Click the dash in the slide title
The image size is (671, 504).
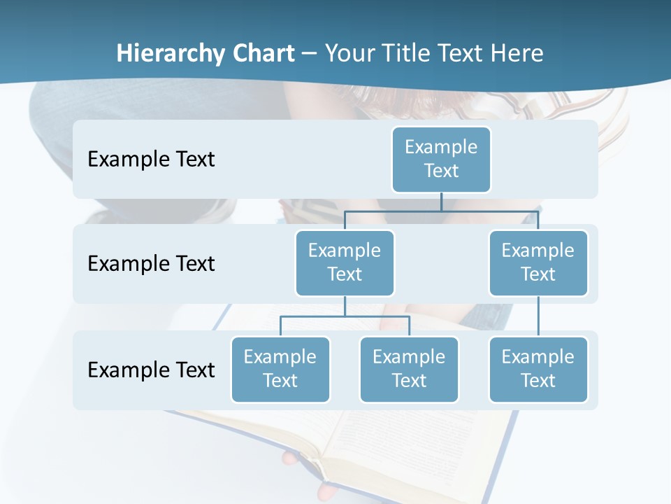(x=310, y=53)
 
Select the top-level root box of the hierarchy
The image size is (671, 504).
(x=441, y=159)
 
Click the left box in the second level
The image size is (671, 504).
(x=345, y=262)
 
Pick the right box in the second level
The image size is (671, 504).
(x=538, y=262)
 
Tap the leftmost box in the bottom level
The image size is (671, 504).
(x=280, y=369)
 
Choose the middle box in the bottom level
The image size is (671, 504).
(x=409, y=369)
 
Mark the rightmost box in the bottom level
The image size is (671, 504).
(x=538, y=369)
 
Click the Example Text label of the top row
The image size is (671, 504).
(x=151, y=159)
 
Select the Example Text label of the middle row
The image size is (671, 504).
(x=151, y=263)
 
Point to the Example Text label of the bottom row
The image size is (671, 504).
(x=151, y=370)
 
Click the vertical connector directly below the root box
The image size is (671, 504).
(x=441, y=202)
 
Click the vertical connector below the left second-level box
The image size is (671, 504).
(x=345, y=306)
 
